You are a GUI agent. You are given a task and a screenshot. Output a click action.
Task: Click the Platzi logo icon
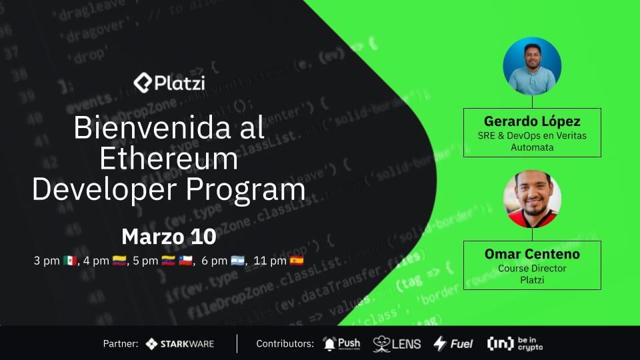(143, 83)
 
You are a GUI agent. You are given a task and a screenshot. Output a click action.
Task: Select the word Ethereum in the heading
(169, 159)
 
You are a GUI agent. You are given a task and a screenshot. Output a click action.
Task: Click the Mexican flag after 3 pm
(70, 261)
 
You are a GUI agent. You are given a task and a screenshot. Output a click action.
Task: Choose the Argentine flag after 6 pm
(238, 261)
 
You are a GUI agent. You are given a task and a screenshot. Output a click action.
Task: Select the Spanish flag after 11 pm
(297, 261)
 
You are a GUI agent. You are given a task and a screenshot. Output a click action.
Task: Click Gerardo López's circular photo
(532, 66)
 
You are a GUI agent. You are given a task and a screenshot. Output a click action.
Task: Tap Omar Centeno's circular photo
(532, 199)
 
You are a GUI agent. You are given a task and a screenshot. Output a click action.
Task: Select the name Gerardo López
(532, 122)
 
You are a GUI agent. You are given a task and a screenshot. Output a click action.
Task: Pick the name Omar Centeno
(532, 254)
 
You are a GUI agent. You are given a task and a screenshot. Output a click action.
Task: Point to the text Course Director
(532, 269)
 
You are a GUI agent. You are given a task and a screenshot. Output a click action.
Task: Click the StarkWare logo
(180, 344)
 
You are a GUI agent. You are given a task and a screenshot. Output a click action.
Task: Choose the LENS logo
(397, 344)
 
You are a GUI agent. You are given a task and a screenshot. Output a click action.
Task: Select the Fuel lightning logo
(453, 344)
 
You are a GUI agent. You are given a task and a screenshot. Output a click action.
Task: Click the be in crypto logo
(515, 343)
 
